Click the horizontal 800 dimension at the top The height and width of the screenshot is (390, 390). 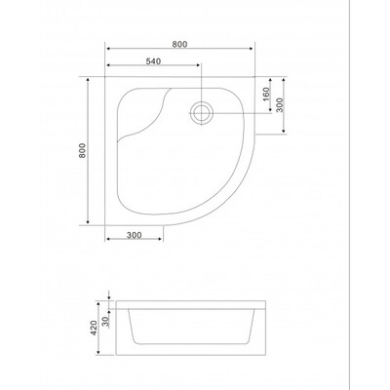click(179, 45)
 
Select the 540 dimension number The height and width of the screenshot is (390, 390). click(153, 61)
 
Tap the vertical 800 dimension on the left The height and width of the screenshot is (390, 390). click(83, 150)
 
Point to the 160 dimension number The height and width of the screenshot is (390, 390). click(266, 94)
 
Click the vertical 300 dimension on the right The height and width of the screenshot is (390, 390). click(280, 105)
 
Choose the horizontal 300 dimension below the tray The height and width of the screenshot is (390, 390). click(135, 235)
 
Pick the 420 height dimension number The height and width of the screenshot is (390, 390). click(94, 328)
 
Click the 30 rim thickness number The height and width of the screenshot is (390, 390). click(105, 321)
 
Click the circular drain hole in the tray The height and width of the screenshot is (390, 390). click(202, 113)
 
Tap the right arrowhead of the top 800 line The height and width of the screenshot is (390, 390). click(251, 49)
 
